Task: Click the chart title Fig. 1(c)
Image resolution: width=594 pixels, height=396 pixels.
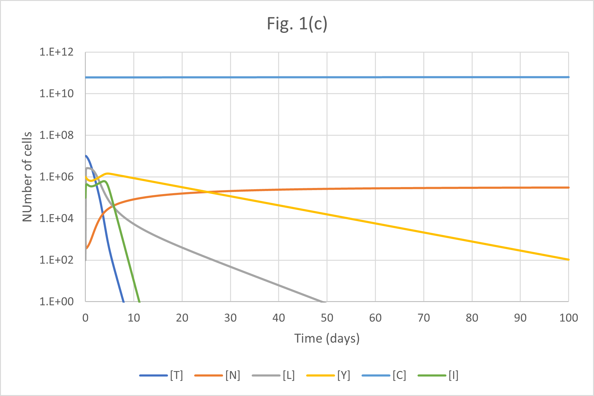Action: pyautogui.click(x=297, y=24)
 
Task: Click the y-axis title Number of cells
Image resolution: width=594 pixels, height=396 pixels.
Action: pyautogui.click(x=27, y=177)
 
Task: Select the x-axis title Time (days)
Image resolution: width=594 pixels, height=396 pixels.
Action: pyautogui.click(x=327, y=339)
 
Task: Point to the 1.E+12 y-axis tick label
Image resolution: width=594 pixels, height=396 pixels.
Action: pyautogui.click(x=57, y=52)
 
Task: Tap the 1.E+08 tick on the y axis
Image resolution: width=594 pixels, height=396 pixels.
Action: pyautogui.click(x=57, y=135)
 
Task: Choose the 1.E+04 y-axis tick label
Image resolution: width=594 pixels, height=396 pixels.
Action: pyautogui.click(x=57, y=218)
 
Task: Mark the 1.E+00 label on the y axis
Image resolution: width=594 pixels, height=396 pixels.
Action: pyautogui.click(x=57, y=301)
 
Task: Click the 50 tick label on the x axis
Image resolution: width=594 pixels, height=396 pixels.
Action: pyautogui.click(x=327, y=318)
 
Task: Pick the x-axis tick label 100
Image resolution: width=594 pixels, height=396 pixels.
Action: pyautogui.click(x=568, y=318)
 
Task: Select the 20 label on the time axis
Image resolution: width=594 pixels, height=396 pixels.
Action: pyautogui.click(x=182, y=318)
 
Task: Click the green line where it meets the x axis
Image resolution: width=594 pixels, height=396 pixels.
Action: pyautogui.click(x=139, y=301)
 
